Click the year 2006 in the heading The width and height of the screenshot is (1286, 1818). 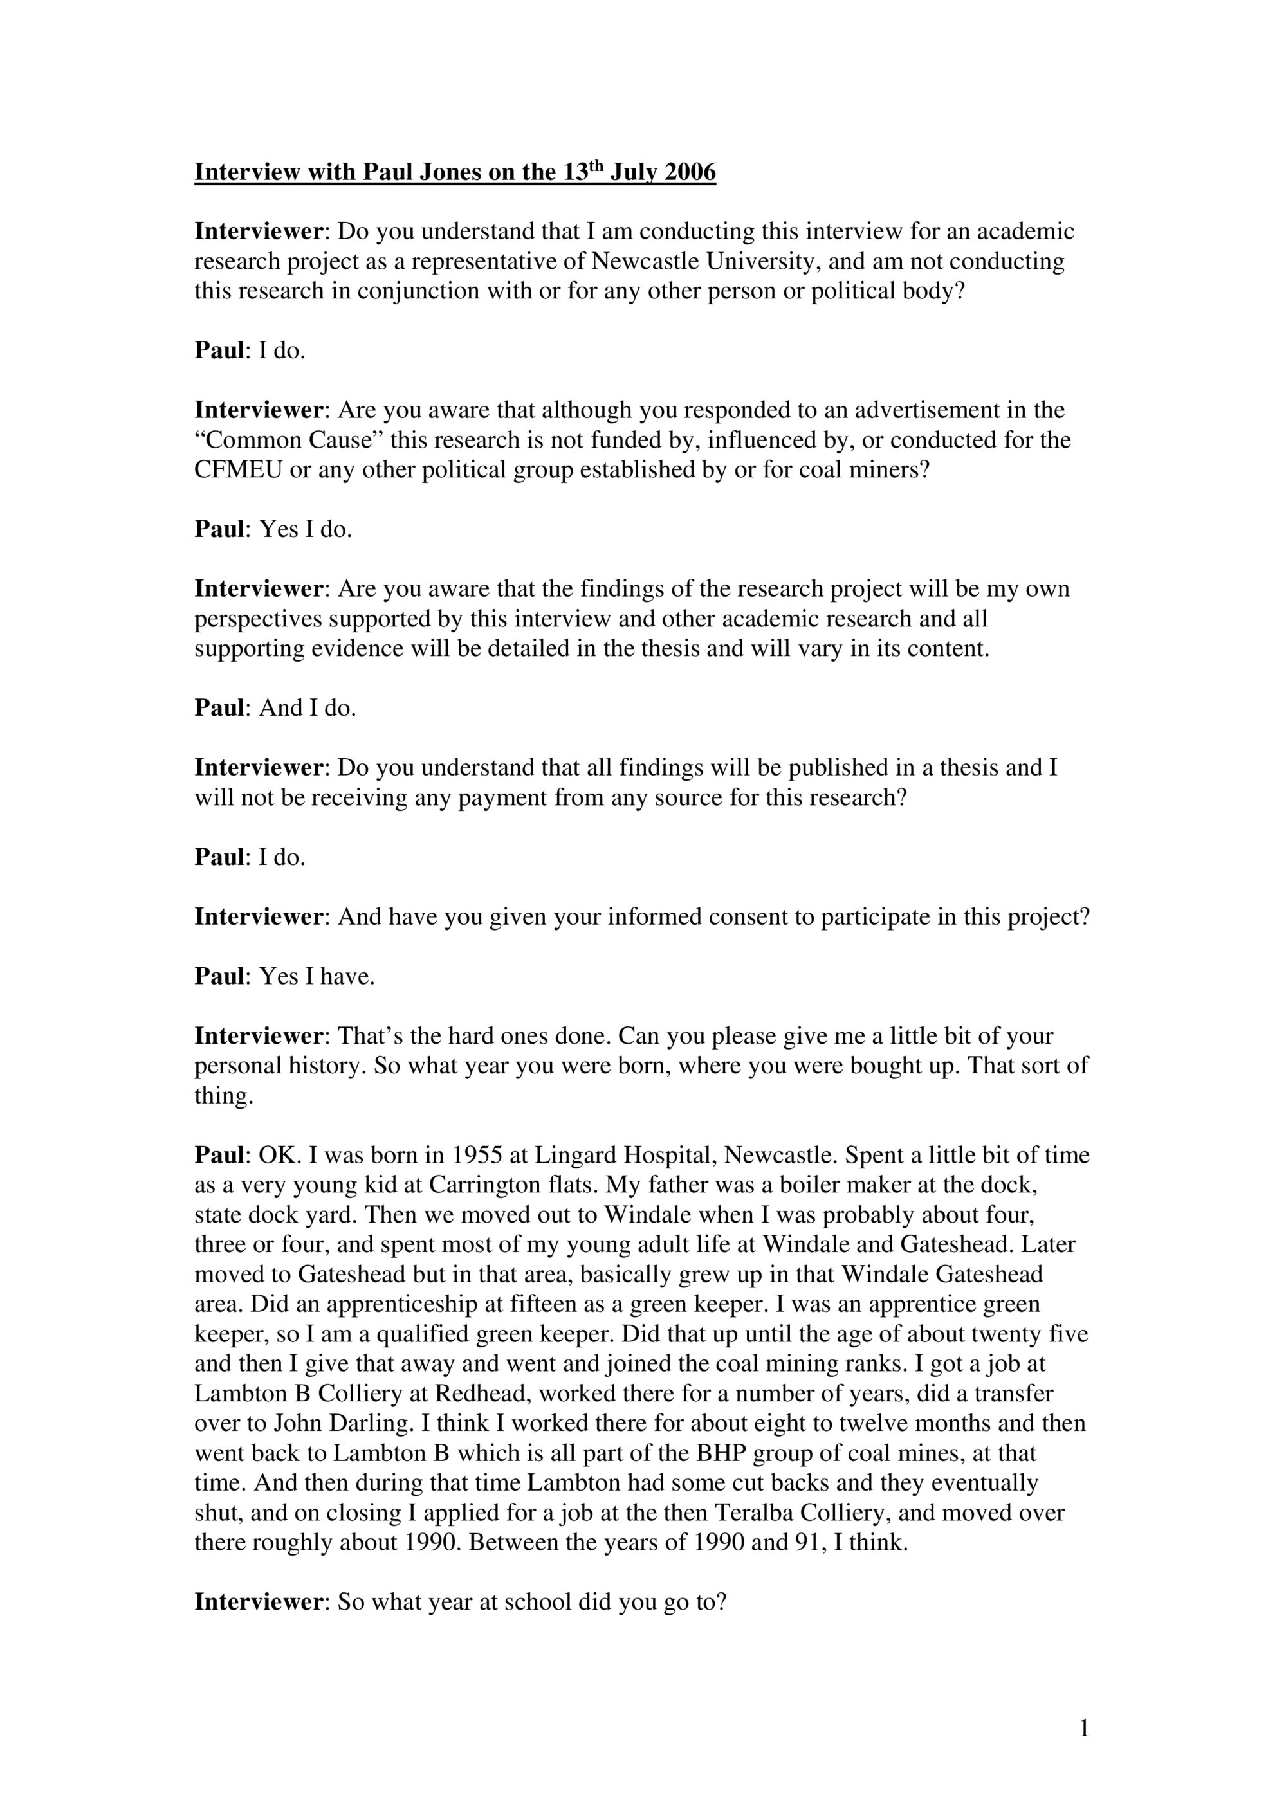690,172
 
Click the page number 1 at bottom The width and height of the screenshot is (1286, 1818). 1084,1729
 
